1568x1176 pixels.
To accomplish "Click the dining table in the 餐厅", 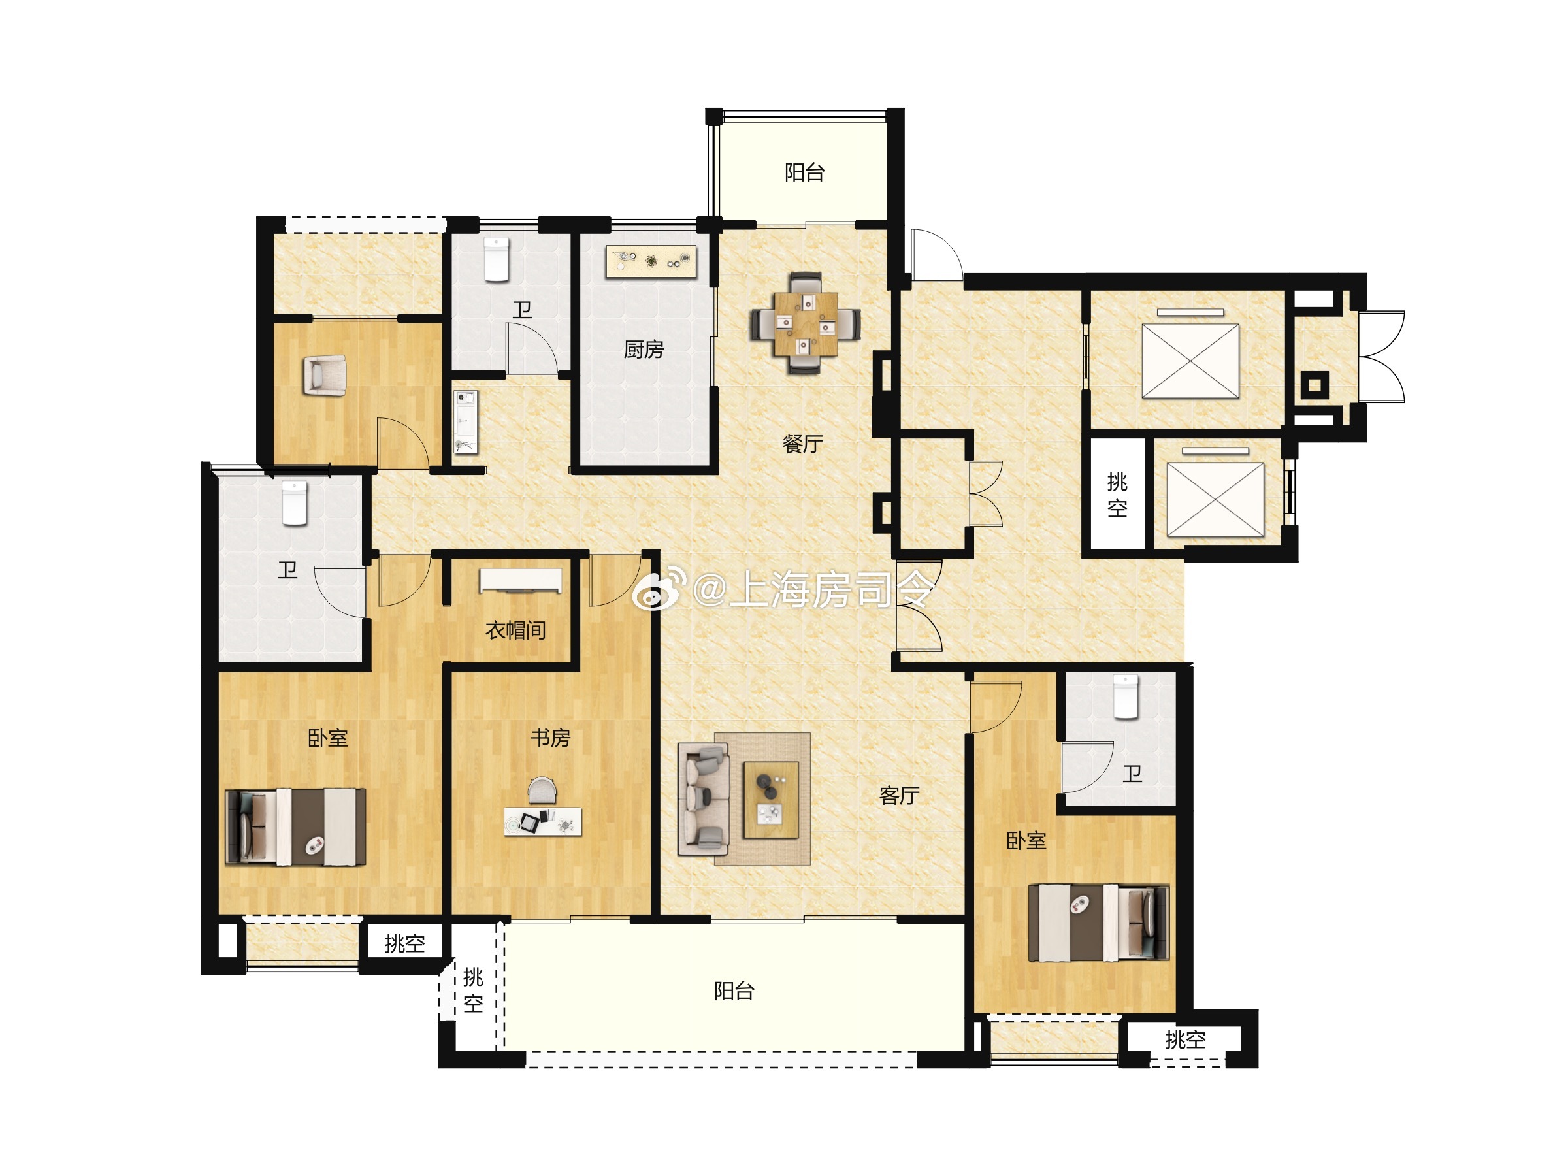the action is point(806,323).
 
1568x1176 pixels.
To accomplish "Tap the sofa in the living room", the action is point(704,799).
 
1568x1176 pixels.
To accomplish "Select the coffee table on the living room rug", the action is point(771,800).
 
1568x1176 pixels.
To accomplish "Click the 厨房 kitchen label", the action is point(644,350).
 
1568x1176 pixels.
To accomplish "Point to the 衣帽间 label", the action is point(515,630).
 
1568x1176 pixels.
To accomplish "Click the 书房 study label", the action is point(551,738).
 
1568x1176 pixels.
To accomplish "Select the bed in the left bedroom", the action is point(295,827).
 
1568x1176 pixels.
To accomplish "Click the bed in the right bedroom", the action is point(1098,923).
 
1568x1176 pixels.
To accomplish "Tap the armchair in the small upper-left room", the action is point(325,375).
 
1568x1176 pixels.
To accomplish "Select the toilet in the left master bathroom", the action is point(295,502).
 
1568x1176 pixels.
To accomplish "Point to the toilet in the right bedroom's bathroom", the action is point(1126,698).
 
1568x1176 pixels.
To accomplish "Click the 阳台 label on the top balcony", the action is point(804,172).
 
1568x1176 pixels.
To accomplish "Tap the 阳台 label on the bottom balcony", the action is point(734,991).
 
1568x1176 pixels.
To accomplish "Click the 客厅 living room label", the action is point(900,796).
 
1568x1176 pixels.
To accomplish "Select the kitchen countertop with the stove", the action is point(651,261).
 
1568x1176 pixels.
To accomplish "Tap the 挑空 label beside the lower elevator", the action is point(1117,495).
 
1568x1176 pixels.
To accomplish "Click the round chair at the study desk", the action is point(543,790).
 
